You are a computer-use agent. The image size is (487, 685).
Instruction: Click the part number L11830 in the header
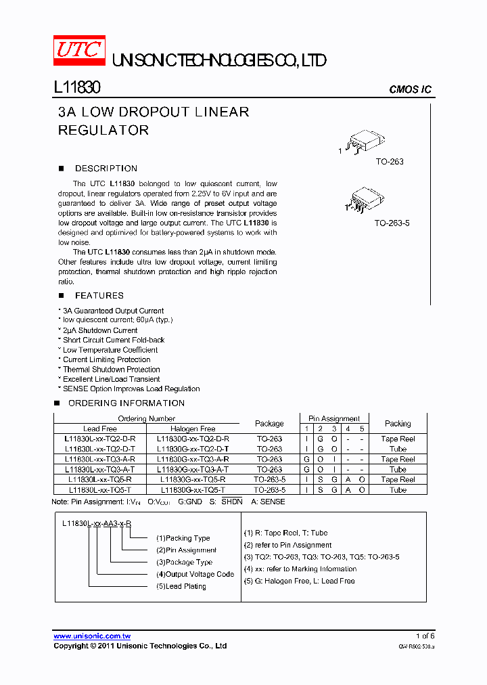click(76, 88)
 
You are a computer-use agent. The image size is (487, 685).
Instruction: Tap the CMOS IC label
click(410, 90)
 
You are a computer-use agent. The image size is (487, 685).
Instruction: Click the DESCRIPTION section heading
click(106, 169)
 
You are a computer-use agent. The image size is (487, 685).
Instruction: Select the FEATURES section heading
click(99, 296)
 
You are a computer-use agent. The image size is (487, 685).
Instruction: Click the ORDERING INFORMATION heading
click(126, 403)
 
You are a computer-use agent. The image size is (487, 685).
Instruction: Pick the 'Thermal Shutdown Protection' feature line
click(111, 370)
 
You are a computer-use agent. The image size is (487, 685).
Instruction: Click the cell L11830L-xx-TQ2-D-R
click(100, 439)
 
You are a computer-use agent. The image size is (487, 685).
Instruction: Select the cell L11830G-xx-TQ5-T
click(193, 489)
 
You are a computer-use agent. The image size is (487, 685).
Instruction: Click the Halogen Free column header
click(193, 428)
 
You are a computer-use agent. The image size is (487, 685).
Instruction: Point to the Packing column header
click(398, 424)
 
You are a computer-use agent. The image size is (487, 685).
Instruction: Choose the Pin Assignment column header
click(334, 418)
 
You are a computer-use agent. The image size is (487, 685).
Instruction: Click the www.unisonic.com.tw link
click(92, 636)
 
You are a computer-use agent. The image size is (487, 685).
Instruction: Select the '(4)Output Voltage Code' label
click(195, 574)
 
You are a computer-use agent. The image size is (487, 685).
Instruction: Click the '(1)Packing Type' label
click(183, 538)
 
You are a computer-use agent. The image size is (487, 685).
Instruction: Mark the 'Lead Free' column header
click(100, 428)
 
